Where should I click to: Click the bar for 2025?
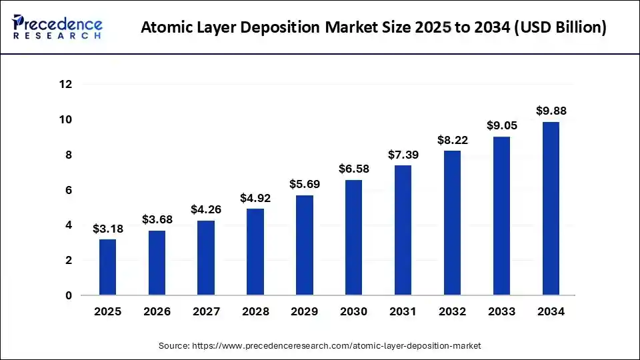tap(107, 267)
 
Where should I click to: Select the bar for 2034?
tap(551, 208)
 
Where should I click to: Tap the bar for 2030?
tap(353, 237)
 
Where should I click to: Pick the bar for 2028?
tap(255, 252)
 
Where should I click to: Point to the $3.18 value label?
tap(107, 229)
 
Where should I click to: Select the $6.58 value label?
tap(353, 169)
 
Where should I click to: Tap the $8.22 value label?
tap(452, 140)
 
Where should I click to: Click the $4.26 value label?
tap(206, 209)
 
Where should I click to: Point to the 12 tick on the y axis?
tap(65, 85)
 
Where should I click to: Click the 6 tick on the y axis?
tap(69, 190)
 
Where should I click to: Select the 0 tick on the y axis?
tap(69, 295)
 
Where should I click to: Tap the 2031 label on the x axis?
tap(403, 312)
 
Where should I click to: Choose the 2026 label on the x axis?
tap(157, 312)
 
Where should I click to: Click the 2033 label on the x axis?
tap(501, 312)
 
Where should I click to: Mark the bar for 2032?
tap(452, 223)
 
